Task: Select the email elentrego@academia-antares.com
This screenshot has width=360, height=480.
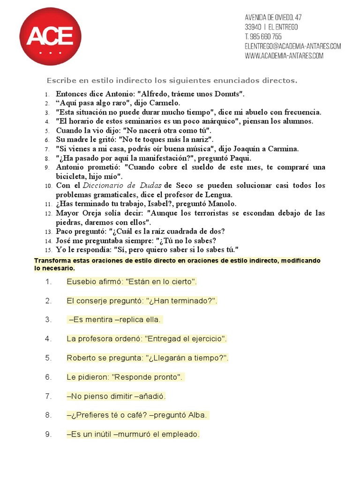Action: [x=292, y=46]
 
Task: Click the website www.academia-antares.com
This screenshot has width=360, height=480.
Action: [x=284, y=56]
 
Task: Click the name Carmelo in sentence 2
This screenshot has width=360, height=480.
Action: [x=164, y=103]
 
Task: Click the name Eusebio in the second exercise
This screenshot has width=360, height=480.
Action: [x=81, y=282]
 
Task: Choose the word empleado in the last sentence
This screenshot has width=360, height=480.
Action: [x=183, y=435]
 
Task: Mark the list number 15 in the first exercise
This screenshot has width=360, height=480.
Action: [x=48, y=250]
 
